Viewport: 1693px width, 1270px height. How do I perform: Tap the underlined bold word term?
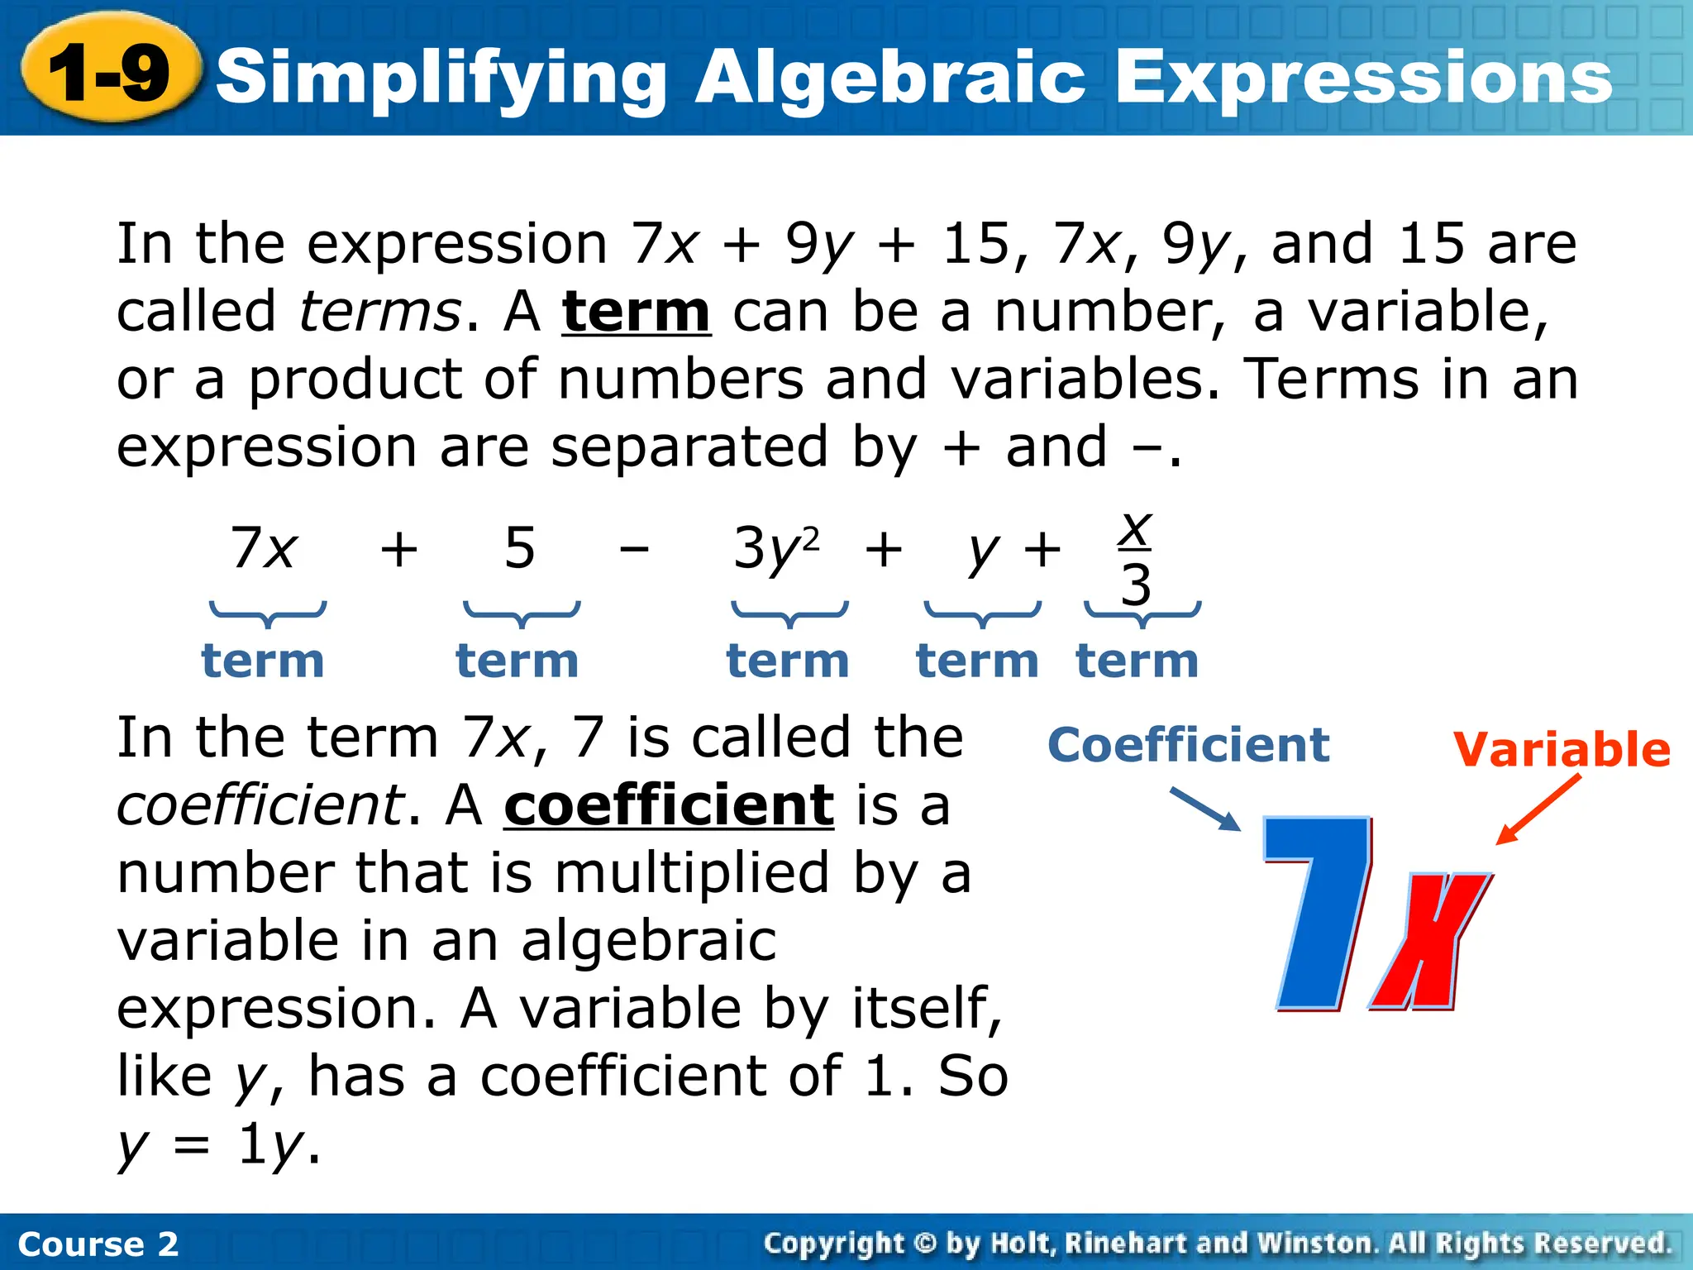636,313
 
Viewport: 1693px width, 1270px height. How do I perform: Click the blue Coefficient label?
1188,746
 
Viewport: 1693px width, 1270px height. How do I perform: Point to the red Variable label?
1562,750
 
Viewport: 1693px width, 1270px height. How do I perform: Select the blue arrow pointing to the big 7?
1204,809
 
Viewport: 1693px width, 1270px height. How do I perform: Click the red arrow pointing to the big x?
1538,810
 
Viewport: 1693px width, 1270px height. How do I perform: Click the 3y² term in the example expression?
775,549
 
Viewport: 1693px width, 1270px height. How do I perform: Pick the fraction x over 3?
1136,557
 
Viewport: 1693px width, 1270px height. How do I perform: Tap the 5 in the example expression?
520,547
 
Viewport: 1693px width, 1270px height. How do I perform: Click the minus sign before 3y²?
634,549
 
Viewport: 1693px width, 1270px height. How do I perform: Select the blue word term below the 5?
517,661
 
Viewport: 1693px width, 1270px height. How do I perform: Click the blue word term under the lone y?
977,661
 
